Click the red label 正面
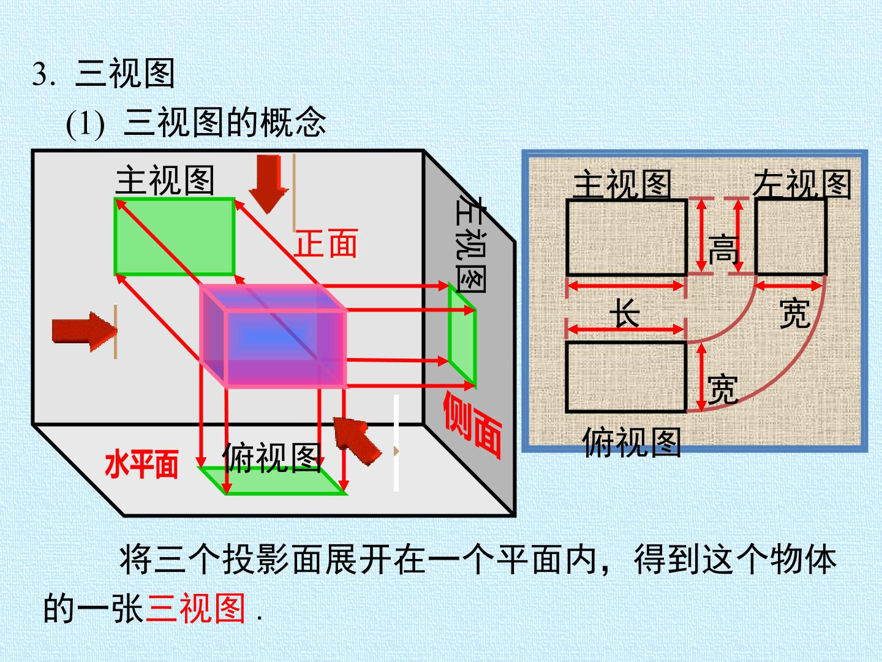(x=326, y=243)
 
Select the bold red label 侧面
(x=473, y=425)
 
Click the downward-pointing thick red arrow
(x=268, y=184)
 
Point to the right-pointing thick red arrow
(x=85, y=332)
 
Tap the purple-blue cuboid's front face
(x=286, y=348)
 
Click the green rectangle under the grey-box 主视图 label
(x=175, y=237)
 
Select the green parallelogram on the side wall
(x=462, y=335)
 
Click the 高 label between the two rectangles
(x=723, y=249)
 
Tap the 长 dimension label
(x=625, y=313)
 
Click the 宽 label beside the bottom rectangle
(x=723, y=389)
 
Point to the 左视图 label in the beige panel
(x=802, y=183)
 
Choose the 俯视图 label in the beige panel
(x=631, y=442)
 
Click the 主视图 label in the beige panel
(x=622, y=183)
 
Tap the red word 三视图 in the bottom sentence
(x=195, y=608)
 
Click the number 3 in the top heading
(x=40, y=74)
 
